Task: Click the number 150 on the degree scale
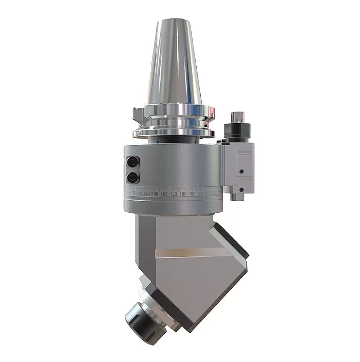pos(156,193)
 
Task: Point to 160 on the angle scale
pos(164,193)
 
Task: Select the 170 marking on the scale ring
pos(173,193)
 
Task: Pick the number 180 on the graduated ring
pos(183,193)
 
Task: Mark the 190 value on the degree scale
pos(192,193)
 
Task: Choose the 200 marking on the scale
pos(201,193)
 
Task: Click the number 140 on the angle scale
pos(147,193)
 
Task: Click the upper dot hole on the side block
pos(242,171)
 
